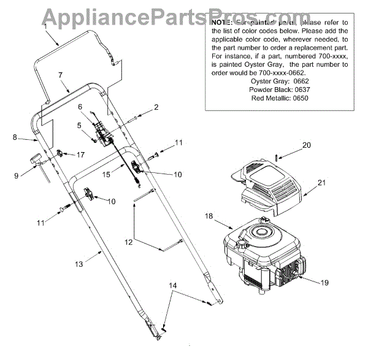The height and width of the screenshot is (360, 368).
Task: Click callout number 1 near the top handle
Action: [45, 27]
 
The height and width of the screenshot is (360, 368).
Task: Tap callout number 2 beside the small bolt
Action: [156, 107]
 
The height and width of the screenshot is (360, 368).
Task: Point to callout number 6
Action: [80, 107]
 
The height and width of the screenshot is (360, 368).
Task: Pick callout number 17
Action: [80, 155]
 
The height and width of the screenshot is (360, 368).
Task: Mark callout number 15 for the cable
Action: [106, 175]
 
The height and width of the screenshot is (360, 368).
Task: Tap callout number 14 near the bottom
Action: [173, 286]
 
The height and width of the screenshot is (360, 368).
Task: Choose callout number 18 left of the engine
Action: [209, 216]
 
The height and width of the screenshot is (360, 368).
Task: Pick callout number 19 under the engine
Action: [324, 283]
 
